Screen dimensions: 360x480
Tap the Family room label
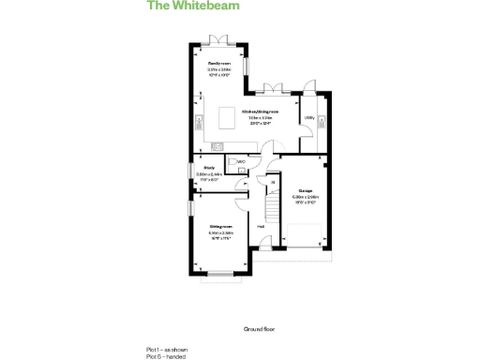click(x=219, y=62)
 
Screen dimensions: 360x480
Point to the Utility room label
click(x=308, y=117)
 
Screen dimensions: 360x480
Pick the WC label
click(x=241, y=161)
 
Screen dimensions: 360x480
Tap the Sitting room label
click(x=220, y=226)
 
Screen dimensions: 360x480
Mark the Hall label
click(x=261, y=226)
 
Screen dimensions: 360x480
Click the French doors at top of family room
click(x=218, y=37)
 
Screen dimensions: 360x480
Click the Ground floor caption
click(x=260, y=329)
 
